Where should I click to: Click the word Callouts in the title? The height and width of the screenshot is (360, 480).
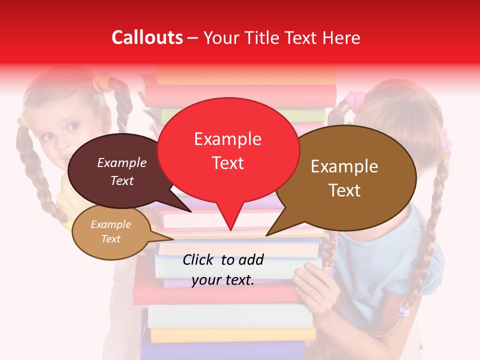pyautogui.click(x=147, y=37)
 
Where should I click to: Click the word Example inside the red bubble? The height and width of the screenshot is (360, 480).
pyautogui.click(x=227, y=139)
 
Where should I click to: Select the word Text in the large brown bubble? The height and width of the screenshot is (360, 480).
pyautogui.click(x=344, y=190)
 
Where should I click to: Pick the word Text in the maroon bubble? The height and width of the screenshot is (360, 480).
pyautogui.click(x=121, y=181)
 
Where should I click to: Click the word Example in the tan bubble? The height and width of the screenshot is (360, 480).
pyautogui.click(x=110, y=224)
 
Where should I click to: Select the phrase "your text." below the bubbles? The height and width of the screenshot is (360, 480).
pyautogui.click(x=223, y=280)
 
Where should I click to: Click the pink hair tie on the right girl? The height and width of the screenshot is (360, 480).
pyautogui.click(x=354, y=99)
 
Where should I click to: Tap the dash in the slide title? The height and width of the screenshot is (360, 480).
pyautogui.click(x=193, y=37)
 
